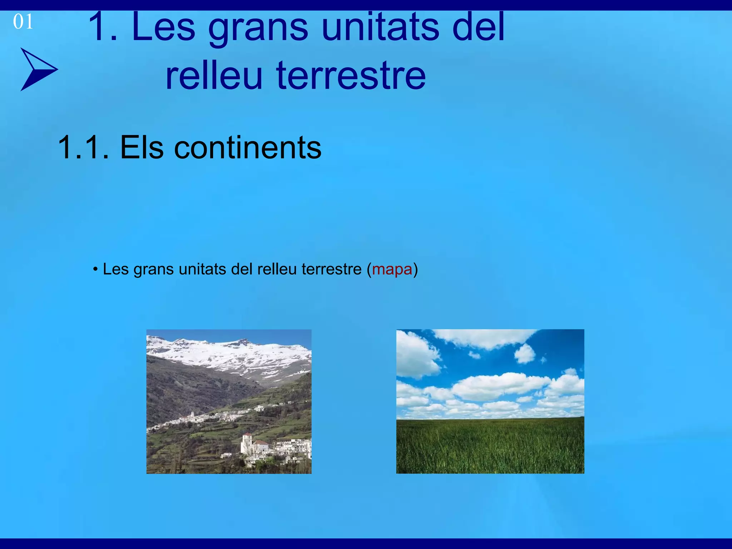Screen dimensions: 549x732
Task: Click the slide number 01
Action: click(23, 22)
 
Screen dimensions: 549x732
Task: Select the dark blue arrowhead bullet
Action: click(38, 69)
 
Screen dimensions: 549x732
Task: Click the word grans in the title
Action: click(258, 28)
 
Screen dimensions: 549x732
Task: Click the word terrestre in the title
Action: click(351, 76)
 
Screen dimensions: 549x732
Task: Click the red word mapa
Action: click(392, 269)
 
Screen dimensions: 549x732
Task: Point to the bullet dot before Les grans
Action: click(95, 269)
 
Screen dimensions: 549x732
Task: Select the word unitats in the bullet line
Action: click(202, 269)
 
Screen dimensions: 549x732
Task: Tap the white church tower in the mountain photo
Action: click(246, 443)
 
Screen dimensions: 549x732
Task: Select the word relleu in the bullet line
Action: click(277, 269)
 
